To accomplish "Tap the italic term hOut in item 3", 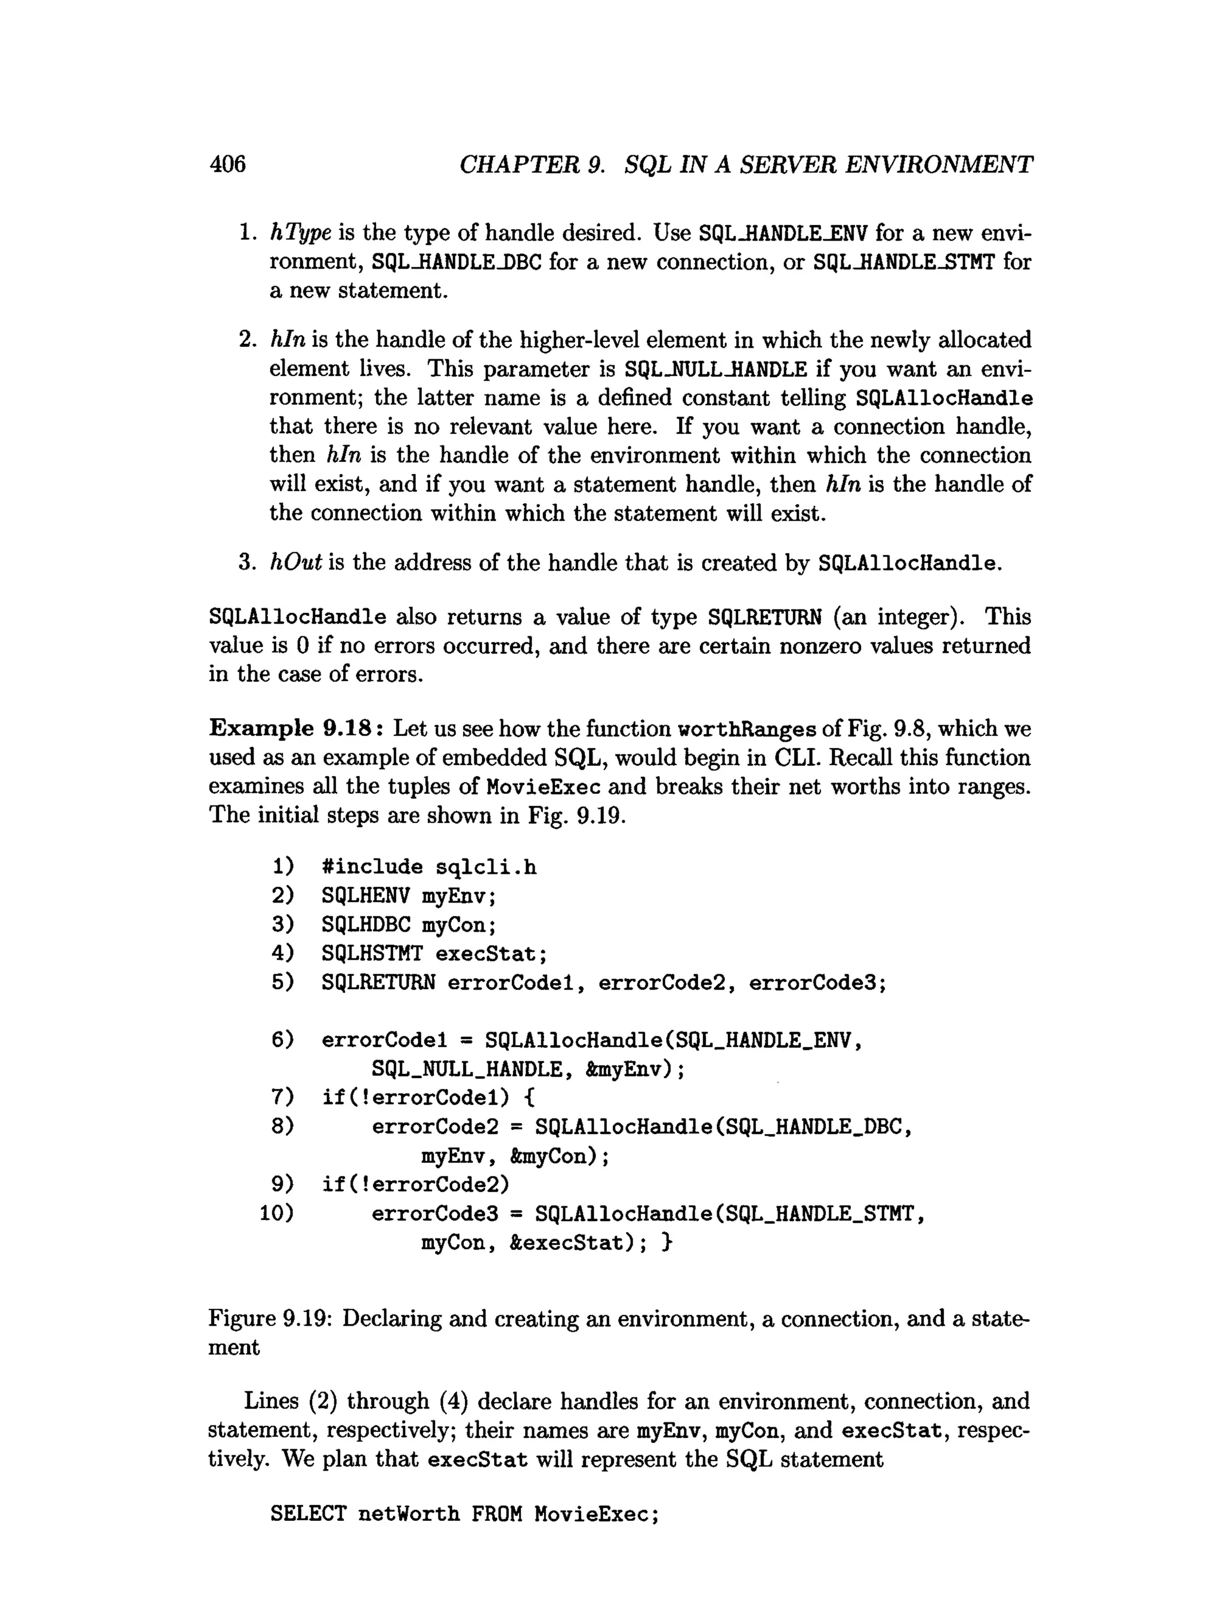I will [296, 562].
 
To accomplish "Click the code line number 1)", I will [283, 866].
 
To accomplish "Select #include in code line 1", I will [371, 866].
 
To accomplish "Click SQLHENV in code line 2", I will [365, 895].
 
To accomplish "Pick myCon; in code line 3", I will [459, 925].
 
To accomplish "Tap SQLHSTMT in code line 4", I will [371, 953].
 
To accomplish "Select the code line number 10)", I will [277, 1213].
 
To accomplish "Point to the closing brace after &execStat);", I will [666, 1243].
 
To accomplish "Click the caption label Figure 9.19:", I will [270, 1319].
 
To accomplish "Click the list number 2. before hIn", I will [247, 339].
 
